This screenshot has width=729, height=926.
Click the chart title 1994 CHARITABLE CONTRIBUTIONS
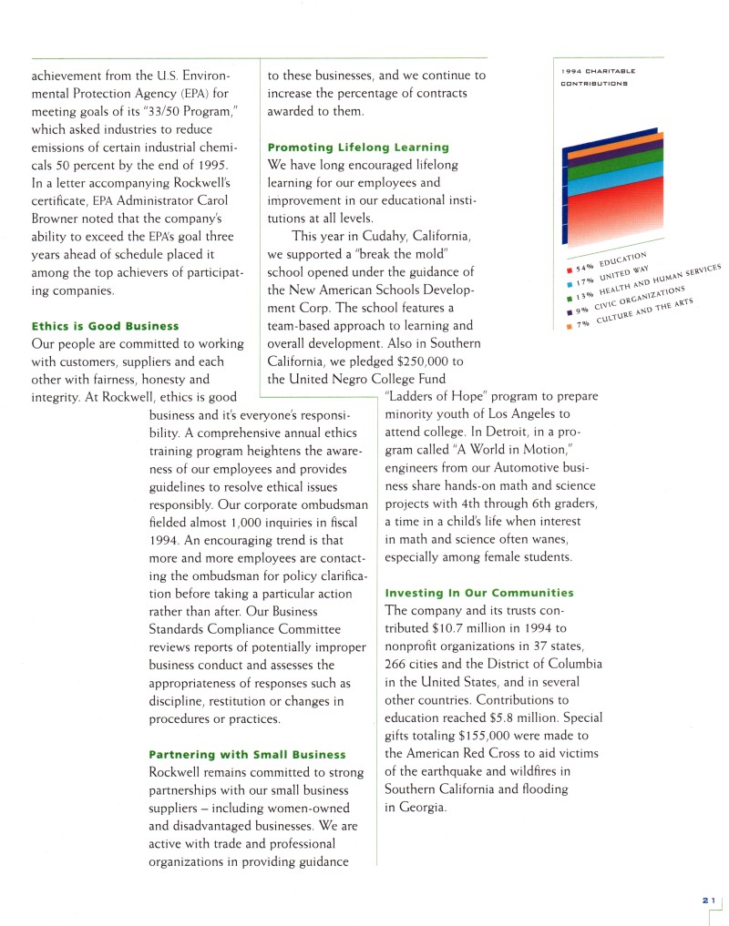coord(597,76)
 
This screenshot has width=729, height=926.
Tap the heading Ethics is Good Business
coord(105,325)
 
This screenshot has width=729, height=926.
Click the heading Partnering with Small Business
coord(247,754)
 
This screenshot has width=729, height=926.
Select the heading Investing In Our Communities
coord(479,593)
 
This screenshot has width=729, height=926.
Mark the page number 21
coord(708,899)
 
